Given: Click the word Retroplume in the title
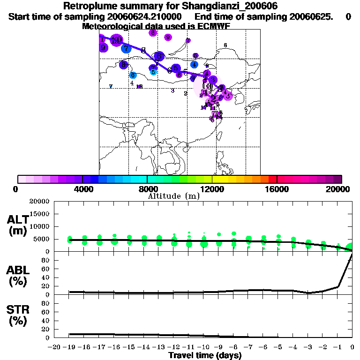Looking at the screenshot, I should coord(88,6).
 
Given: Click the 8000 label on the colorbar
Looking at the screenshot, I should coord(147,189).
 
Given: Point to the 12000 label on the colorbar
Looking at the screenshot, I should coord(212,189).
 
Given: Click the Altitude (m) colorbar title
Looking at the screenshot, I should coord(173,196).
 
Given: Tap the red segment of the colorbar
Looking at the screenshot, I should coord(272,179).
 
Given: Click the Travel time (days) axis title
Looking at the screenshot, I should coord(205,355).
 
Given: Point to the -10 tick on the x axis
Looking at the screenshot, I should coord(204,347).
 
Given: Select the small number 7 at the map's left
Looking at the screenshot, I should coord(111,86).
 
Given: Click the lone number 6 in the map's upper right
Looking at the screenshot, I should coord(225,45).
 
